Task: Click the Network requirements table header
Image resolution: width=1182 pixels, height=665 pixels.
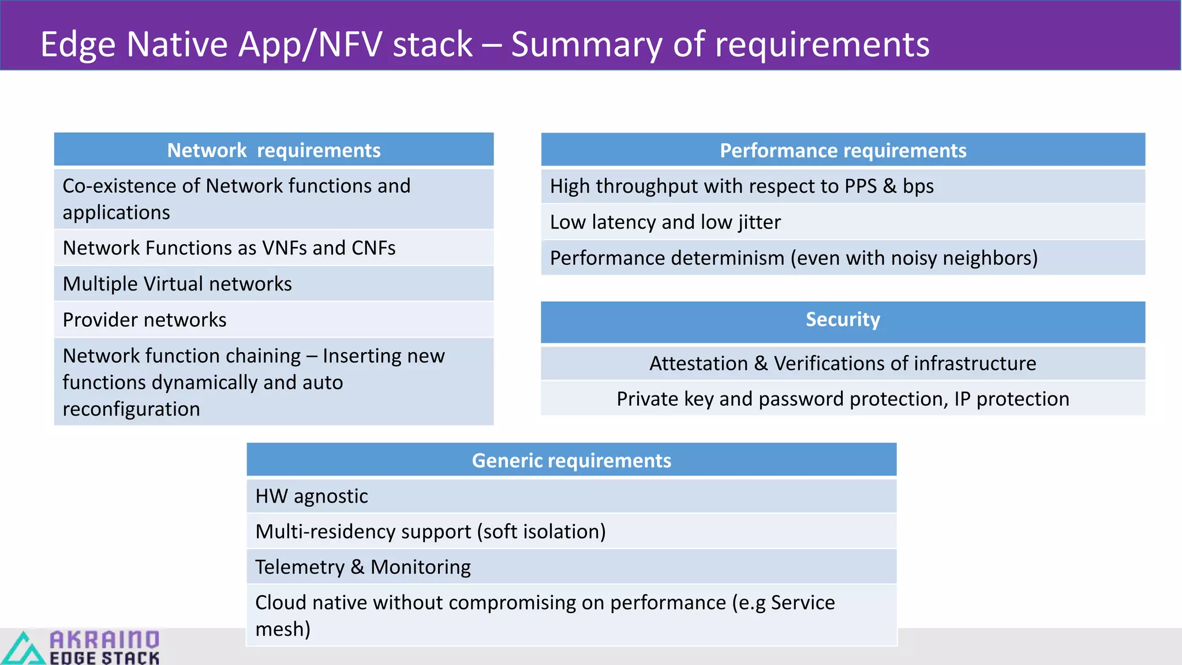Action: [274, 150]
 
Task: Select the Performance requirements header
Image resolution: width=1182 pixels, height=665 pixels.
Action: [843, 150]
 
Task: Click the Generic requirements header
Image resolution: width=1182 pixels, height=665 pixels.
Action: [571, 460]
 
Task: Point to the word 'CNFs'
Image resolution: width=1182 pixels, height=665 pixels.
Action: [373, 248]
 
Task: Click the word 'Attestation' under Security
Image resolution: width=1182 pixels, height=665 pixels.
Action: [698, 364]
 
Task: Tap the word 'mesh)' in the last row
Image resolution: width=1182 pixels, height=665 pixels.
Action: [283, 629]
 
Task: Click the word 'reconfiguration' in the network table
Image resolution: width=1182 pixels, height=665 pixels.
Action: [131, 409]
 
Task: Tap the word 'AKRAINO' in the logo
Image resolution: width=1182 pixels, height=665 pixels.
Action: [104, 639]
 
